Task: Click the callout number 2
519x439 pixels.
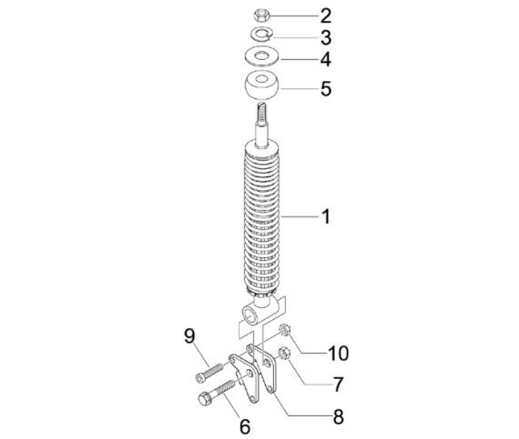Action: pyautogui.click(x=326, y=16)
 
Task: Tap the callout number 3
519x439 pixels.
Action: pyautogui.click(x=326, y=38)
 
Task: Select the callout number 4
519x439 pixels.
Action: pyautogui.click(x=326, y=60)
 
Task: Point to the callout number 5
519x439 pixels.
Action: pyautogui.click(x=326, y=89)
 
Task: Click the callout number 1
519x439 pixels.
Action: pyautogui.click(x=326, y=217)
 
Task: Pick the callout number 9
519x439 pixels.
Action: pyautogui.click(x=190, y=336)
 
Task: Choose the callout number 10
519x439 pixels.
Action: pyautogui.click(x=338, y=353)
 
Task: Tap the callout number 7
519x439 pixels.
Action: pyautogui.click(x=337, y=385)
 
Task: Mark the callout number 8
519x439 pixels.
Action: pyautogui.click(x=338, y=417)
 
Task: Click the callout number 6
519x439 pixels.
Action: pyautogui.click(x=244, y=427)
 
